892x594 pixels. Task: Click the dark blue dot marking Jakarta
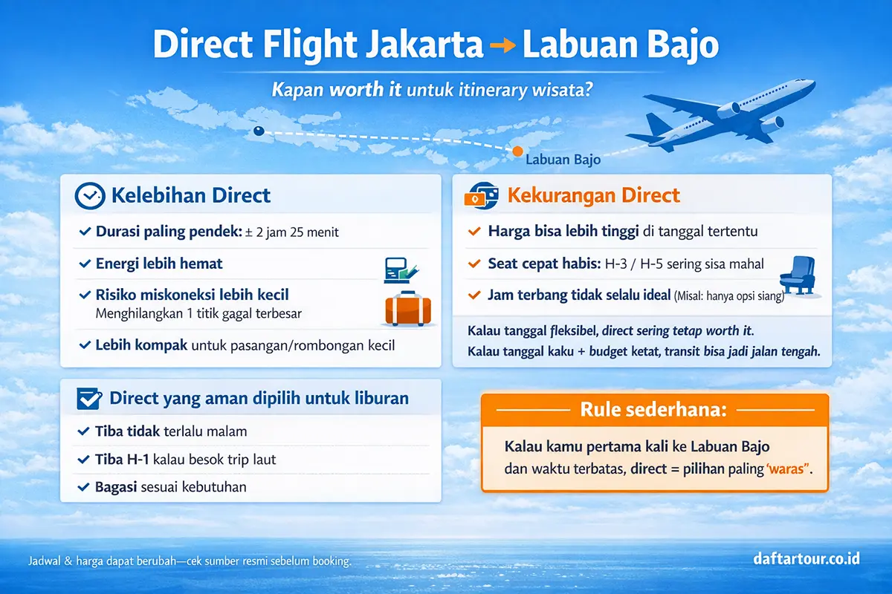(259, 131)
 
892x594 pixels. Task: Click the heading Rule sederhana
(654, 409)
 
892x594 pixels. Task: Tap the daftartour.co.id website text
(805, 557)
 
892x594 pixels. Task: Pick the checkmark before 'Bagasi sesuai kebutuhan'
(84, 488)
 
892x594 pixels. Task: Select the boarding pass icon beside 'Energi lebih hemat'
(398, 269)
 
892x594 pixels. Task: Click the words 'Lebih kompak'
(142, 345)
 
